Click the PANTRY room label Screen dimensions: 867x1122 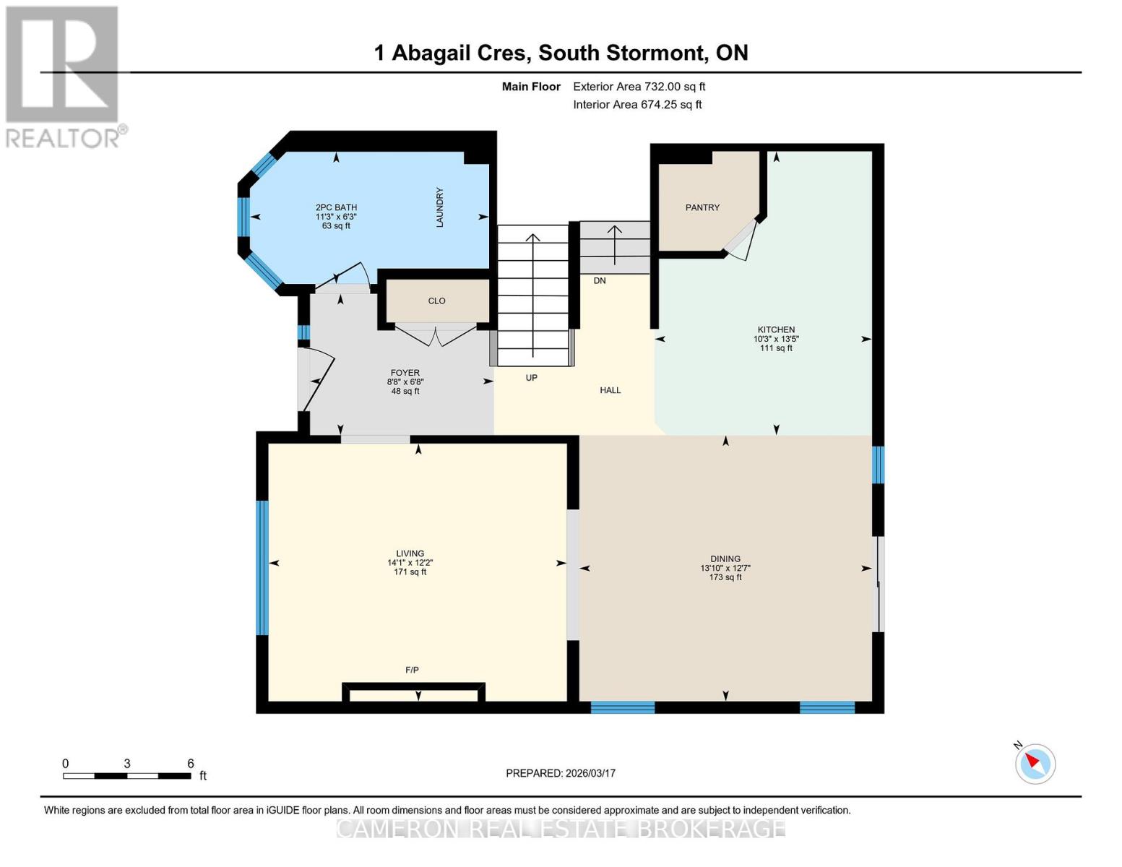tap(702, 207)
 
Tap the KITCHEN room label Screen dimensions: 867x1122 tap(776, 330)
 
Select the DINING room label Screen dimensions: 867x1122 tap(725, 558)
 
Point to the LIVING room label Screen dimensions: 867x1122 tap(410, 553)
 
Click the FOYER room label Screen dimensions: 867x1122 tap(405, 373)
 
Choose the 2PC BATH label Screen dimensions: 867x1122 tap(336, 207)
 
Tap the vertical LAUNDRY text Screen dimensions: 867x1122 tap(439, 207)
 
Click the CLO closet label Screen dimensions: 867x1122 tap(436, 301)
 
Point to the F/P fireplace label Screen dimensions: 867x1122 tap(412, 670)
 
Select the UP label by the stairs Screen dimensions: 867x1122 tap(531, 378)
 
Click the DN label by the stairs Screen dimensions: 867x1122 tap(600, 281)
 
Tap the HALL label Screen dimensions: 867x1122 tap(610, 390)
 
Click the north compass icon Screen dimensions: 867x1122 tap(1035, 763)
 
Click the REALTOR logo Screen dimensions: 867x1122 tap(64, 76)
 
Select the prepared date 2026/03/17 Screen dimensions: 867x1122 tap(561, 773)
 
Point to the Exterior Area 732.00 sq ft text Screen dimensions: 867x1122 tap(639, 87)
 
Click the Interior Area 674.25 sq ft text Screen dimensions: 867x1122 tap(637, 105)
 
